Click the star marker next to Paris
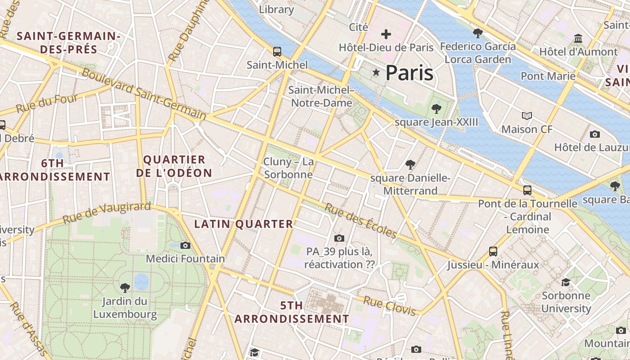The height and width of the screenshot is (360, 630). click(376, 72)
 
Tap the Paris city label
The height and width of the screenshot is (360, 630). click(409, 73)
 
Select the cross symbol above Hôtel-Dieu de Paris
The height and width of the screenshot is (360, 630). click(386, 34)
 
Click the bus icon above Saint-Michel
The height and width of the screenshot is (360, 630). click(277, 52)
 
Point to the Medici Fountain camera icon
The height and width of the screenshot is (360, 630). click(185, 245)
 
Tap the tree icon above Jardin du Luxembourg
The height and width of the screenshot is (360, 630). click(125, 288)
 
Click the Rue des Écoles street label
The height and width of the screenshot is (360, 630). click(360, 220)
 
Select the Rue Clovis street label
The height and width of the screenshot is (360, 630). click(390, 306)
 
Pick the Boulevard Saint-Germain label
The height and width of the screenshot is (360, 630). click(144, 94)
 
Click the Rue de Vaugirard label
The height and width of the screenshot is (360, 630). click(107, 213)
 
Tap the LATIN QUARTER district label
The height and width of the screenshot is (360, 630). click(243, 224)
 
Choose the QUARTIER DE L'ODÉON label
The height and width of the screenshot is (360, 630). click(174, 166)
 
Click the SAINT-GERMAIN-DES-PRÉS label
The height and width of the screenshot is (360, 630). click(68, 42)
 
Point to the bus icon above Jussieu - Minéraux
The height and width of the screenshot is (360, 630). click(493, 252)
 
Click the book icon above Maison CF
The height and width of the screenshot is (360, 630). click(526, 116)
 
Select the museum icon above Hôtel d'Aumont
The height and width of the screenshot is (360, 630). click(578, 39)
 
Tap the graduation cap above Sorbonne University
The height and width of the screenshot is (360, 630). click(566, 282)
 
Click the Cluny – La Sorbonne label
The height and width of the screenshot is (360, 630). click(288, 168)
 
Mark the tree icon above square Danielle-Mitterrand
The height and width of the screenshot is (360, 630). click(410, 165)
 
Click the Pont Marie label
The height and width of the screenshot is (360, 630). click(548, 76)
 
